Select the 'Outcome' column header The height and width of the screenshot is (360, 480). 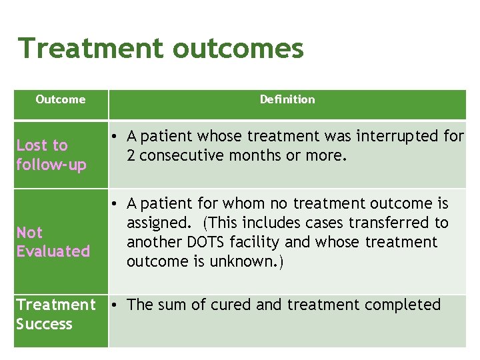[61, 99]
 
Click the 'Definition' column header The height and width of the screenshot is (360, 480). [287, 99]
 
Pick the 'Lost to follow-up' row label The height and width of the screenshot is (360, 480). [51, 155]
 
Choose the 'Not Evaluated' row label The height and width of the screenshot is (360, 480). [53, 242]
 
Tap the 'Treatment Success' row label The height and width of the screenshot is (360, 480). [56, 314]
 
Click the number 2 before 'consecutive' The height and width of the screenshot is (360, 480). [131, 155]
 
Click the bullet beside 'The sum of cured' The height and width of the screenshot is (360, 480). [115, 305]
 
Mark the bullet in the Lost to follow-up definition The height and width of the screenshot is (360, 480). [115, 137]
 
